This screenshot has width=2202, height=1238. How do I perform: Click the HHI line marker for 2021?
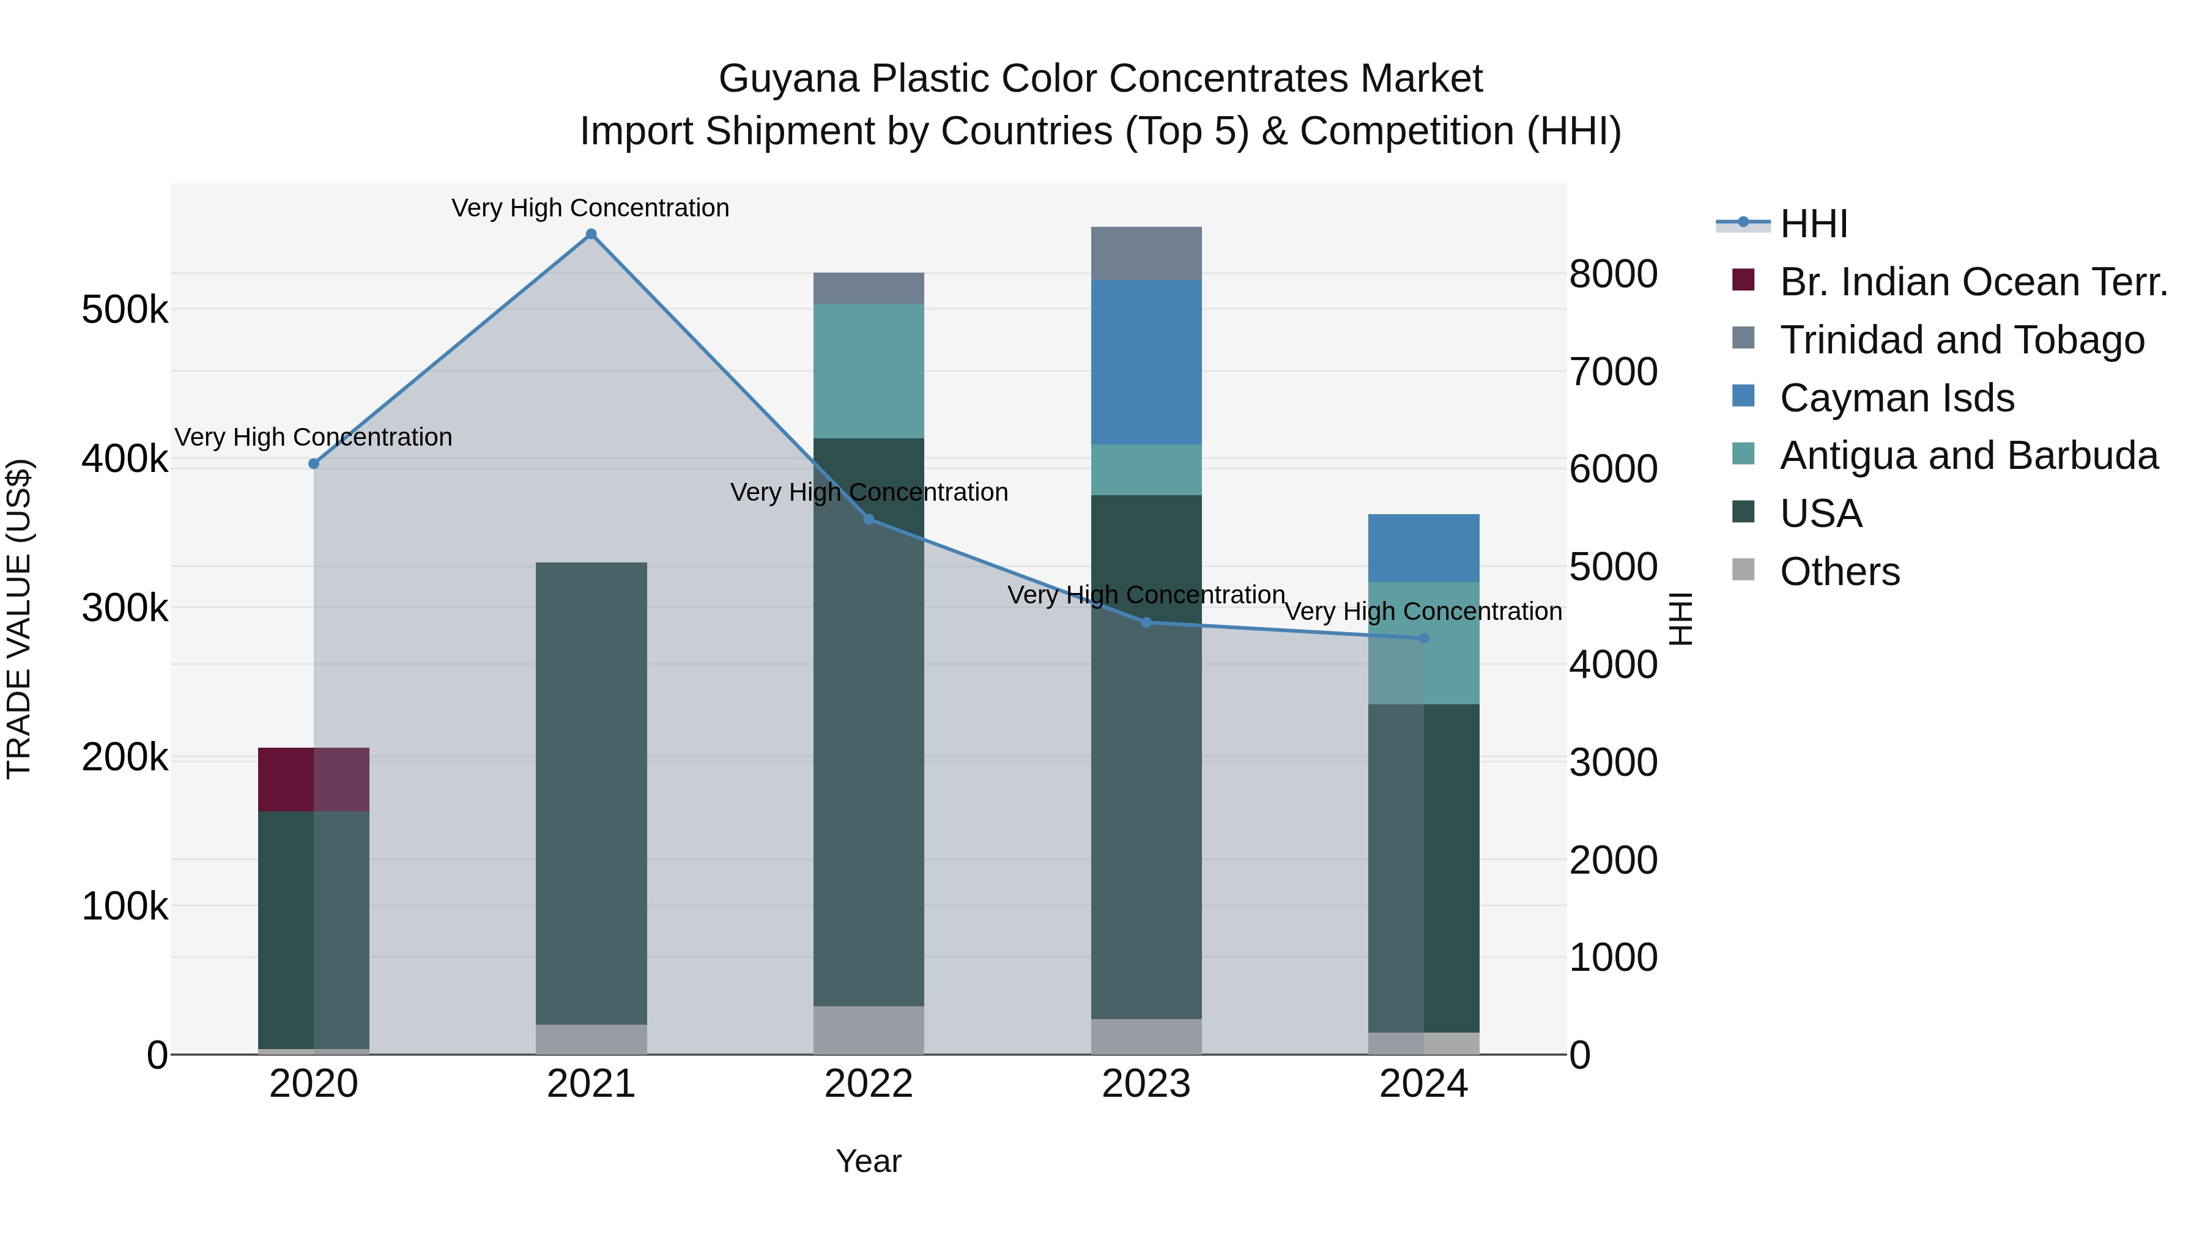click(x=591, y=234)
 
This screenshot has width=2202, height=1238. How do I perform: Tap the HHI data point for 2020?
click(x=314, y=464)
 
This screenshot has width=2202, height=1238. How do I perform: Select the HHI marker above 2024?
click(x=1423, y=638)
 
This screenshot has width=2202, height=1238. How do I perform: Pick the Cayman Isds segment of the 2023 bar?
click(x=1146, y=363)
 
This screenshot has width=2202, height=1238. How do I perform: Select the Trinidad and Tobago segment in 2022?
click(x=869, y=289)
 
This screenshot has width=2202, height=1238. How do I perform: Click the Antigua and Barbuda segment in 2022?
click(x=869, y=371)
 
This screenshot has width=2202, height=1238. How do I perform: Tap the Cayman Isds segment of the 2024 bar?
click(x=1423, y=548)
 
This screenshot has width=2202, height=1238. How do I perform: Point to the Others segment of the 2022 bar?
click(x=869, y=1030)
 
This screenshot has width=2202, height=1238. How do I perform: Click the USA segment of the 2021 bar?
click(x=591, y=793)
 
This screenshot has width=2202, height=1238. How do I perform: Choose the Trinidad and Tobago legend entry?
click(x=1962, y=340)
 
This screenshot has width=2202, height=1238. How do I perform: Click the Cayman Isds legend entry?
click(x=1897, y=398)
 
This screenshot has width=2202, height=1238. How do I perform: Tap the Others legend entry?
click(x=1839, y=572)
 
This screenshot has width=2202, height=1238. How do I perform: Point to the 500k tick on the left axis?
click(x=125, y=310)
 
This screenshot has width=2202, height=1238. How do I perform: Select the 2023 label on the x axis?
click(x=1146, y=1084)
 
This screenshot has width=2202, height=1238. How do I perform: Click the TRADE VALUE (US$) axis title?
click(x=20, y=619)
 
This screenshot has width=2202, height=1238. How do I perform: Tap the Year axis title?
click(x=869, y=1161)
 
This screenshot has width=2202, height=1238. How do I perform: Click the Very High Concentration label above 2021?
click(x=591, y=208)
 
